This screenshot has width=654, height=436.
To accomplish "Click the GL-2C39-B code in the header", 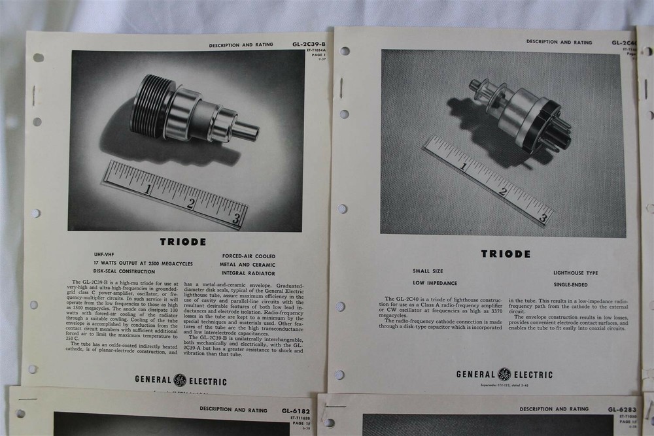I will [x=309, y=44].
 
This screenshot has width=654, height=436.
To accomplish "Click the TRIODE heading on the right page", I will [x=506, y=254].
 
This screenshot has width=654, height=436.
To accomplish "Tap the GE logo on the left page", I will [x=180, y=380].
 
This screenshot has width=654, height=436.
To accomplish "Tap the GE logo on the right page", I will [x=504, y=375].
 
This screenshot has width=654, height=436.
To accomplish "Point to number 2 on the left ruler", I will [x=191, y=203].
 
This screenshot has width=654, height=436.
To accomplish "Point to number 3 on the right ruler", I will [x=542, y=218].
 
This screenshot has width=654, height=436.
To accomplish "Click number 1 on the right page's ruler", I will [x=463, y=166].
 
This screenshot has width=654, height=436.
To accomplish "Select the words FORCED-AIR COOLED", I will [x=249, y=256].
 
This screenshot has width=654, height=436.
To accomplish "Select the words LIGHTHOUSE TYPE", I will [x=575, y=273].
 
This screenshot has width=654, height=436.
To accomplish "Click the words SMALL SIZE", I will [x=428, y=271].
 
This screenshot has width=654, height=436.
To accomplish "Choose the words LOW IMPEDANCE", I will [x=435, y=283].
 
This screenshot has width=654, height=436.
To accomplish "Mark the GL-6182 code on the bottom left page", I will [x=295, y=411].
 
